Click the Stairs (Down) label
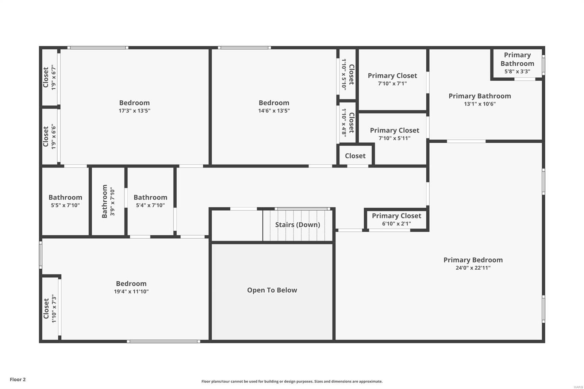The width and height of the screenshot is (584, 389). point(297,225)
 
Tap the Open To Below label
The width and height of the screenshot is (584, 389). point(272,290)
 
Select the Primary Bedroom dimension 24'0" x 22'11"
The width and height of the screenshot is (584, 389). point(473,268)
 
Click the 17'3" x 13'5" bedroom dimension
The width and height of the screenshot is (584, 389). point(134,111)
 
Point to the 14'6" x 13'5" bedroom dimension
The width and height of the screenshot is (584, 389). point(274,111)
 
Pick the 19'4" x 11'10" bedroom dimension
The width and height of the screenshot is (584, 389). point(131,292)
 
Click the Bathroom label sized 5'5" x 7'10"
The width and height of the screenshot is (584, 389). point(65,197)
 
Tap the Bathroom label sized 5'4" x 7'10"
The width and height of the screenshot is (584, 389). point(150,197)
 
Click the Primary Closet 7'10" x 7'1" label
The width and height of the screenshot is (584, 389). point(392,76)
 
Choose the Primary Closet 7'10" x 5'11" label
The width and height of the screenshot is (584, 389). point(395,131)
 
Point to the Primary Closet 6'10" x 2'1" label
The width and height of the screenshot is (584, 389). point(396,216)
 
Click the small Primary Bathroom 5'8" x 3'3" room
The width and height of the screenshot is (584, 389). point(517,63)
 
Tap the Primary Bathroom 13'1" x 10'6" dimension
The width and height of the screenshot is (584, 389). point(480,104)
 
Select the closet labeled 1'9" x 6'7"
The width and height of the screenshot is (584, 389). point(49,77)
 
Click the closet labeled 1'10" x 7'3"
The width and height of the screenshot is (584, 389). point(50,309)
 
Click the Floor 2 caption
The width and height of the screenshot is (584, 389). point(18,380)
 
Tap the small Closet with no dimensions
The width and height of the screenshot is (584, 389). point(355,156)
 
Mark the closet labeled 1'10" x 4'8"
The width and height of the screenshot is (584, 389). point(347,123)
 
